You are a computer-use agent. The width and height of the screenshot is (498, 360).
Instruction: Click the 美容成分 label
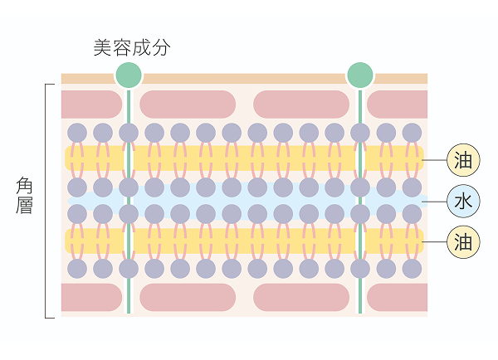pyautogui.click(x=131, y=47)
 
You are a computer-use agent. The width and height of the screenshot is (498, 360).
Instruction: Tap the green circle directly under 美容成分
pyautogui.click(x=129, y=75)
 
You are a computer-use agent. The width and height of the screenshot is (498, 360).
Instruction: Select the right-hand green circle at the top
pyautogui.click(x=359, y=75)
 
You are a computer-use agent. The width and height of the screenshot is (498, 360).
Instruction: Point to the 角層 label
pyautogui.click(x=25, y=195)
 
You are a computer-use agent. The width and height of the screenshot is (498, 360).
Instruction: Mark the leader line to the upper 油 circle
pyautogui.click(x=435, y=159)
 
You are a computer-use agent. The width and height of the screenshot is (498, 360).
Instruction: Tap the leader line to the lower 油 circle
pyautogui.click(x=435, y=241)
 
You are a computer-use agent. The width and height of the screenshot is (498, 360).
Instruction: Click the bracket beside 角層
pyautogui.click(x=46, y=199)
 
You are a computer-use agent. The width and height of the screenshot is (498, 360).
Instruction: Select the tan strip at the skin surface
pyautogui.click(x=249, y=79)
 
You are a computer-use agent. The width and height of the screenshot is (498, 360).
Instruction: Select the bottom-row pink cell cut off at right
pyautogui.click(x=397, y=297)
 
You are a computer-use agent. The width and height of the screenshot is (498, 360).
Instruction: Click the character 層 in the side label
pyautogui.click(x=25, y=206)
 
